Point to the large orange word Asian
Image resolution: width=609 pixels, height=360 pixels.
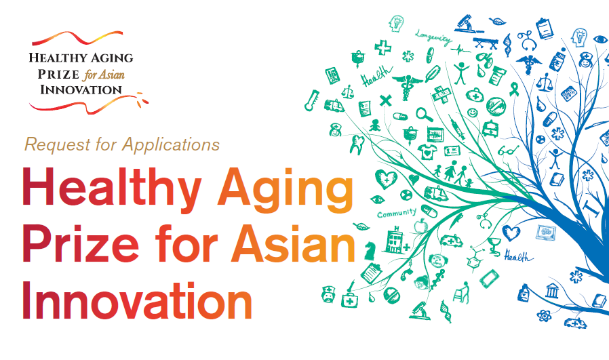coord(293,243)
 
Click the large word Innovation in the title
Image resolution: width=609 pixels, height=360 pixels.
coord(137,300)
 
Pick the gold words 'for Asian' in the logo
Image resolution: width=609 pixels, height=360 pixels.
coord(103,74)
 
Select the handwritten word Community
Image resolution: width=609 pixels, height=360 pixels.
coord(397,213)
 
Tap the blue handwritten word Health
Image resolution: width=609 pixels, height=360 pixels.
coord(518,256)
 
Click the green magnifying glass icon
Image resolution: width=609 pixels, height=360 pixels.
coord(424,115)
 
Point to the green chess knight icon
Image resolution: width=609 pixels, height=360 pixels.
coord(370,251)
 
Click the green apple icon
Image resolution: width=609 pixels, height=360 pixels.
coord(420,225)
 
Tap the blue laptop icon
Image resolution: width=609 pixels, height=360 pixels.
coord(546,233)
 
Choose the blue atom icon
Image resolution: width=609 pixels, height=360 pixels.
coord(544,315)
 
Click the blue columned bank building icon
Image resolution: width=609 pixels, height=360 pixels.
coord(551,290)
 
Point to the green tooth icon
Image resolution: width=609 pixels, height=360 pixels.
coord(357,144)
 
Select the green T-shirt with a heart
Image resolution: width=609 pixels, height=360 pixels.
coord(427,152)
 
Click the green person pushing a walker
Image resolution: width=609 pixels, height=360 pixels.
coord(462,292)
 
